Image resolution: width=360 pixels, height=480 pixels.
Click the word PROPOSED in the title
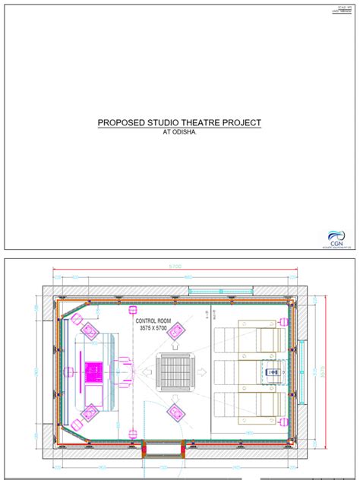pos(120,122)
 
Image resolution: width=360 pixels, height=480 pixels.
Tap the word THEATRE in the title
pos(201,122)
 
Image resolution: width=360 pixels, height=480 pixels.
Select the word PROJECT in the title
pos(242,122)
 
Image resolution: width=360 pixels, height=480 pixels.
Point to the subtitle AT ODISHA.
pos(179,132)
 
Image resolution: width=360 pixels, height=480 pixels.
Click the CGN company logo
pos(335,238)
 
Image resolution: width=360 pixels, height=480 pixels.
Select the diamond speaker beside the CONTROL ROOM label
pos(176,330)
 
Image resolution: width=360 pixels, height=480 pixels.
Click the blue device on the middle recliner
pos(273,372)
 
